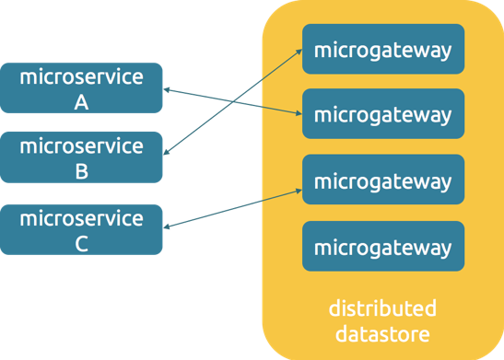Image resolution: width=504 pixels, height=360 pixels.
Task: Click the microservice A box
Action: [81, 88]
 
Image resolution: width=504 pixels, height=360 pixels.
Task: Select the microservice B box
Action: [81, 157]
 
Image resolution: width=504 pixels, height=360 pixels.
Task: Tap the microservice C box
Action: [81, 230]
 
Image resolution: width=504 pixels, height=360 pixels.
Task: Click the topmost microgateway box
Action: [382, 49]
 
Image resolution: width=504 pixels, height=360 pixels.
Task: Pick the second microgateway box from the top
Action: [382, 115]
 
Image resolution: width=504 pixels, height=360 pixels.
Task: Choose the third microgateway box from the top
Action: [382, 180]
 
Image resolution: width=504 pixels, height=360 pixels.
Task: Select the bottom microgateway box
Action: [382, 247]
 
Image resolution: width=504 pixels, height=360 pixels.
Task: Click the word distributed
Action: [382, 308]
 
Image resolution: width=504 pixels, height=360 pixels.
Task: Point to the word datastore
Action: [382, 331]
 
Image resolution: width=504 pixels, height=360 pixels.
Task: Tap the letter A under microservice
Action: [81, 102]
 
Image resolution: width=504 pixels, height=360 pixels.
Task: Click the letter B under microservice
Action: [81, 171]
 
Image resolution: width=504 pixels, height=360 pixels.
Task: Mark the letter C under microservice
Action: [81, 244]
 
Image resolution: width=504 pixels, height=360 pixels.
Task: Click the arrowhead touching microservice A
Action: [167, 90]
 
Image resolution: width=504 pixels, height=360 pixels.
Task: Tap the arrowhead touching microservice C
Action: [167, 226]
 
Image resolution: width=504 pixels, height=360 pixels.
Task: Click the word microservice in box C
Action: [81, 218]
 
